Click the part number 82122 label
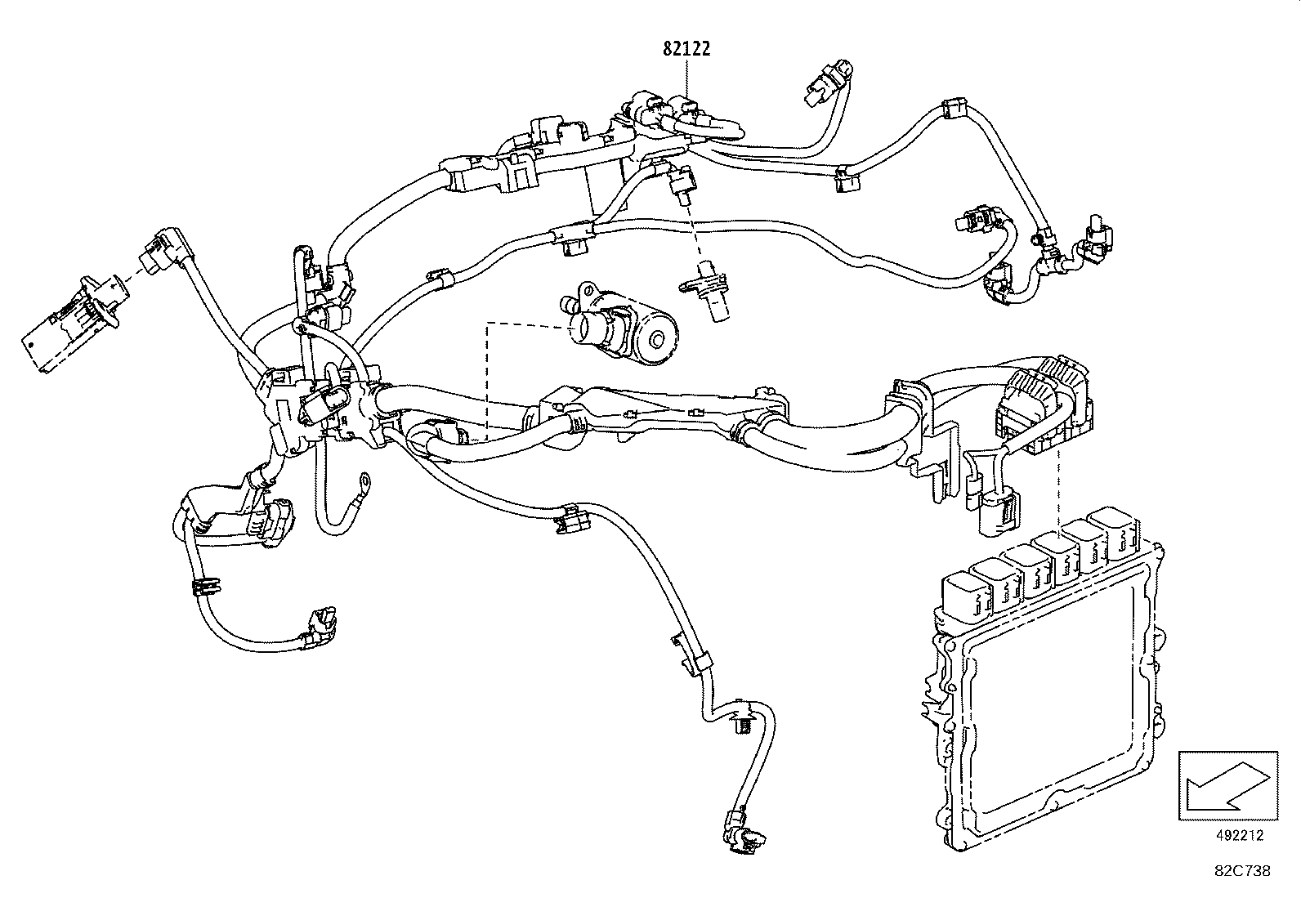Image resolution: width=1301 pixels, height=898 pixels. (x=686, y=48)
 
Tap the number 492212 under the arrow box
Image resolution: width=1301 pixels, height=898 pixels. (x=1238, y=835)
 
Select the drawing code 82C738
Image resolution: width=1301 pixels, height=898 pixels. (x=1241, y=871)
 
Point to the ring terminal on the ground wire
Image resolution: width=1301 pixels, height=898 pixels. (x=362, y=488)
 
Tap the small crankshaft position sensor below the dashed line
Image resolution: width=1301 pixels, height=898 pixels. (x=708, y=293)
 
